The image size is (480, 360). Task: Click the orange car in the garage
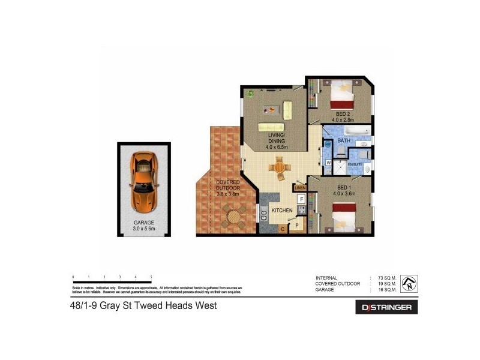(x=144, y=181)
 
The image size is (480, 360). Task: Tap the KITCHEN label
(x=282, y=211)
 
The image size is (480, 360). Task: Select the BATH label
(x=344, y=141)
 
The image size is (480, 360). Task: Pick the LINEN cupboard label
(x=300, y=188)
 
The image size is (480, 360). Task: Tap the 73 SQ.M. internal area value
(x=385, y=278)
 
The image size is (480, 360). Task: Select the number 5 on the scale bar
(x=151, y=277)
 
